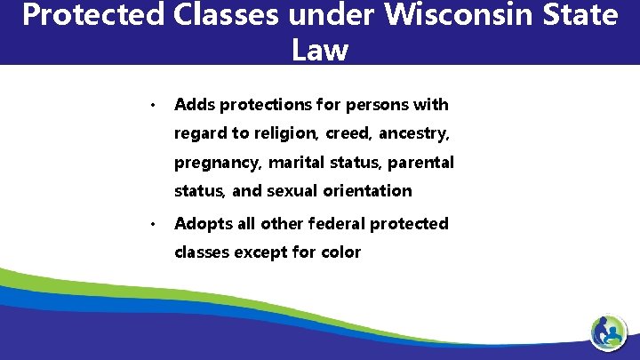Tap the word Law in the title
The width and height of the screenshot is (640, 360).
click(319, 50)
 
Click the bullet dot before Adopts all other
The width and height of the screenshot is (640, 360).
click(154, 225)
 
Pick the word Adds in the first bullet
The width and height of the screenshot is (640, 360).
click(195, 105)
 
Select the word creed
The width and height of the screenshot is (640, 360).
click(347, 134)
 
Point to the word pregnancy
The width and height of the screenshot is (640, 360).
click(217, 164)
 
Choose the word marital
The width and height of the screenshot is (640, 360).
click(297, 163)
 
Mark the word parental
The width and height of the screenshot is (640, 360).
click(420, 163)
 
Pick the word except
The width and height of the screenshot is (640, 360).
click(263, 252)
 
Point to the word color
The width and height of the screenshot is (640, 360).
click(341, 252)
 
